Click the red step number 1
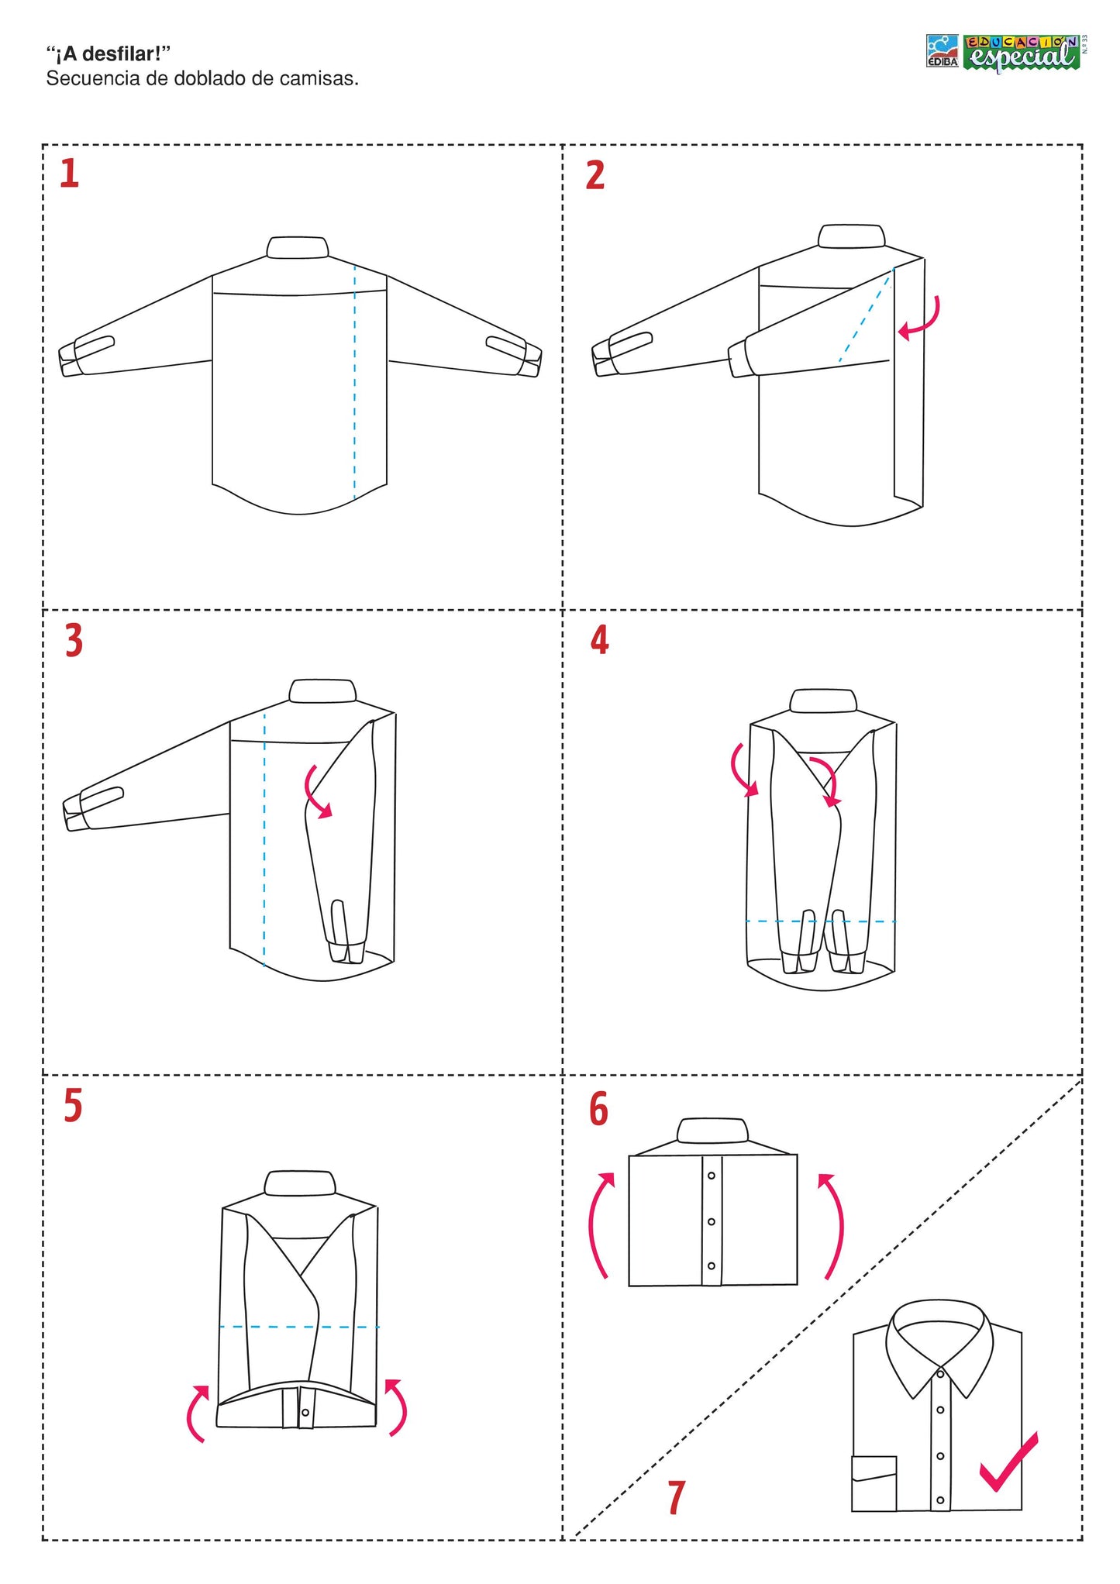[70, 174]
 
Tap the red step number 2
[594, 175]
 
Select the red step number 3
[74, 642]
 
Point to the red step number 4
[599, 640]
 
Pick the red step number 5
[73, 1106]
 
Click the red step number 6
[598, 1109]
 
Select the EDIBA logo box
[943, 51]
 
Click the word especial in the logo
[1022, 56]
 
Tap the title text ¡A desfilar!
[108, 54]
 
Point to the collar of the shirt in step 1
[298, 247]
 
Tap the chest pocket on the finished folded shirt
[874, 1484]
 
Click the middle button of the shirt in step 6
[711, 1222]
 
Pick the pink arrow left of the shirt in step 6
[601, 1224]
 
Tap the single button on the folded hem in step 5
[305, 1413]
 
